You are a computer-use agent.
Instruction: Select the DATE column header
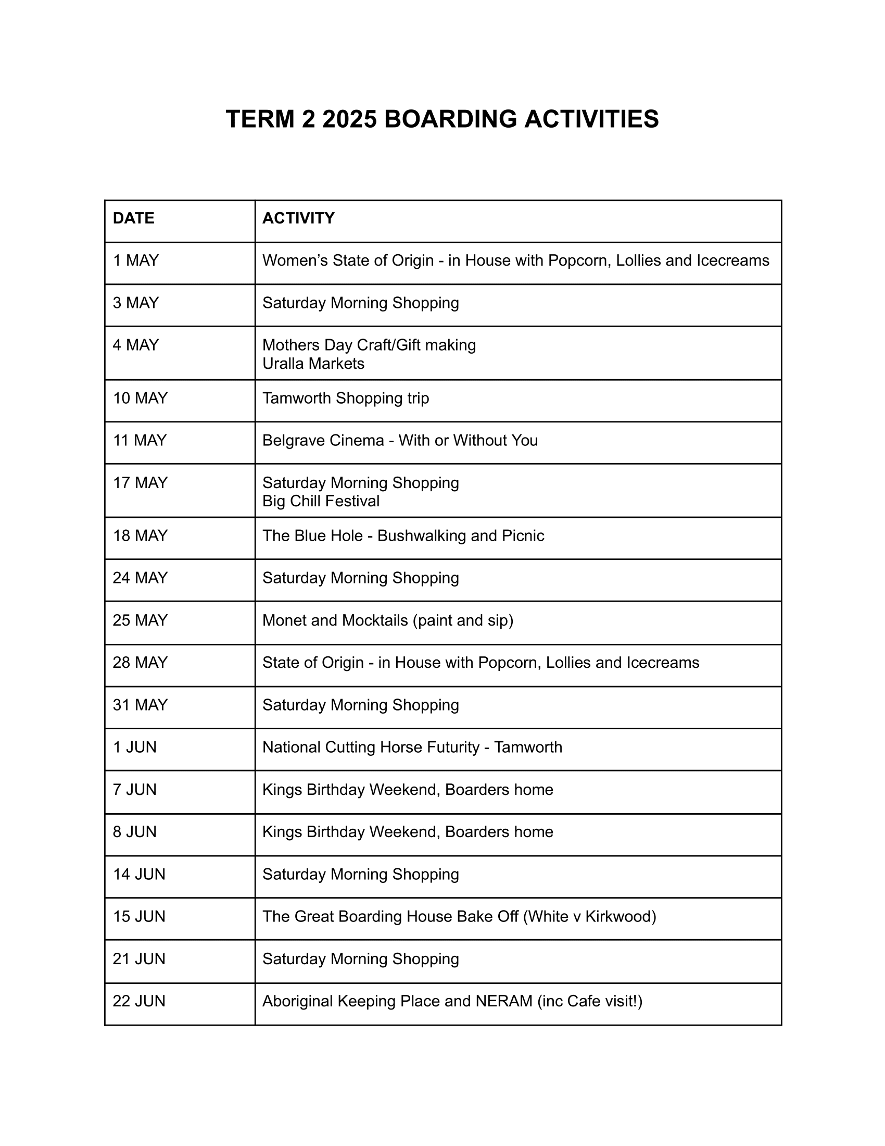pyautogui.click(x=134, y=218)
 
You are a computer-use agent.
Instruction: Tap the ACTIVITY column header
pyautogui.click(x=298, y=218)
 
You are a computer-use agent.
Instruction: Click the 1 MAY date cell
pyautogui.click(x=136, y=260)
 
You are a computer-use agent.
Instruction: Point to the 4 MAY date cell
pyautogui.click(x=136, y=345)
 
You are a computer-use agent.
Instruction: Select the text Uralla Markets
pyautogui.click(x=313, y=363)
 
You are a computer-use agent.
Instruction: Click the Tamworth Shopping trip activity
pyautogui.click(x=346, y=398)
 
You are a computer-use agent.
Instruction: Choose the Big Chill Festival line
pyautogui.click(x=321, y=501)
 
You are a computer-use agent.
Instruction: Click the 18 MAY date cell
pyautogui.click(x=140, y=535)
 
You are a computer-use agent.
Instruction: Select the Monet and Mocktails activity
pyautogui.click(x=387, y=620)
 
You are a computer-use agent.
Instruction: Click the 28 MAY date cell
pyautogui.click(x=140, y=663)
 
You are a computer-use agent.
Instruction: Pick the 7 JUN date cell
pyautogui.click(x=135, y=790)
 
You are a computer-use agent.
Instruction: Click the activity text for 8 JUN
pyautogui.click(x=408, y=832)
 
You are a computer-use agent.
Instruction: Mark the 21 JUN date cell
pyautogui.click(x=139, y=958)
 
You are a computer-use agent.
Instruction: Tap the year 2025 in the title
pyautogui.click(x=349, y=119)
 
